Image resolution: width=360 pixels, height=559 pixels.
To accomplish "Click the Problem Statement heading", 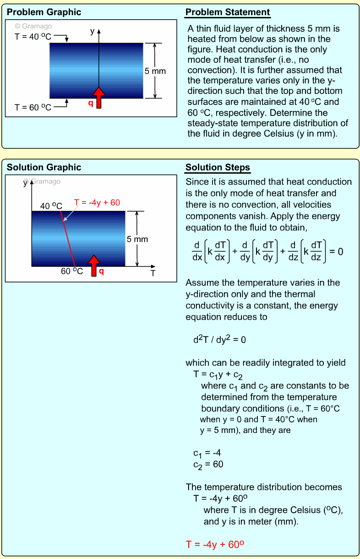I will click(x=228, y=12).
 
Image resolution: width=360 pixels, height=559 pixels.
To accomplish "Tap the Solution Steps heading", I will click(x=218, y=167).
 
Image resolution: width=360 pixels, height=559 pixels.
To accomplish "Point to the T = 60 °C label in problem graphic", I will click(x=33, y=107).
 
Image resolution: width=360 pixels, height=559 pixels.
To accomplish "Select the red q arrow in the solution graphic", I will click(x=94, y=266).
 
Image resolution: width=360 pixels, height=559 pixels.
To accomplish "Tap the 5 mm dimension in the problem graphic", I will click(x=155, y=71).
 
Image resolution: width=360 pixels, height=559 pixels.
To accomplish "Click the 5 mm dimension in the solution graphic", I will click(x=137, y=239).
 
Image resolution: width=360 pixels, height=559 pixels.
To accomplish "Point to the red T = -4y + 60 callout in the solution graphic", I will click(x=97, y=203).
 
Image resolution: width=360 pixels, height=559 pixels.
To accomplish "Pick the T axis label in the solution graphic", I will click(x=153, y=274).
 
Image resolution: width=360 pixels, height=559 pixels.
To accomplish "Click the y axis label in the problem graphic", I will click(x=92, y=31).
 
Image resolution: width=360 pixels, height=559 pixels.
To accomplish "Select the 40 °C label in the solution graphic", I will click(x=51, y=206).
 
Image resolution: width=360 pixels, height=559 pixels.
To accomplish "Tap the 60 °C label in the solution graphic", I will click(x=72, y=271).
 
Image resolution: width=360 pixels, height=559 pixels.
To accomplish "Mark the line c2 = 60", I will click(x=208, y=465).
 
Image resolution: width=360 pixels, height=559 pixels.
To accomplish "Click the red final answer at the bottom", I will click(x=215, y=544).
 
